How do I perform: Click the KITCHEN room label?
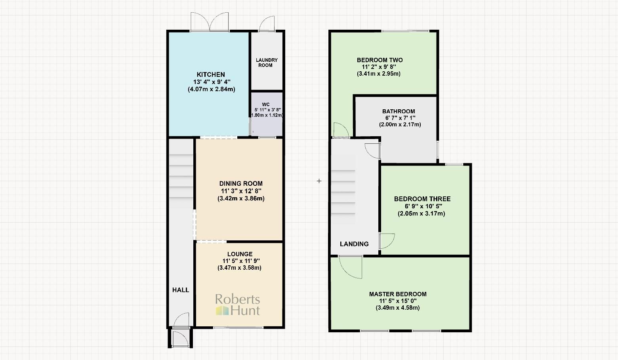pyautogui.click(x=211, y=74)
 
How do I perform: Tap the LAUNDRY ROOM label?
pyautogui.click(x=267, y=63)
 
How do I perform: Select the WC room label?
pyautogui.click(x=266, y=105)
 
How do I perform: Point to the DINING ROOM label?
pyautogui.click(x=241, y=183)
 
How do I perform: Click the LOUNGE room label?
pyautogui.click(x=240, y=254)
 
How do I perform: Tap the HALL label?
pyautogui.click(x=181, y=290)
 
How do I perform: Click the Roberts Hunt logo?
pyautogui.click(x=238, y=305)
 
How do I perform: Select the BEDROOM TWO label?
pyautogui.click(x=380, y=60)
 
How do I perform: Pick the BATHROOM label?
pyautogui.click(x=399, y=112)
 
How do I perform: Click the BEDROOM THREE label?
pyautogui.click(x=422, y=199)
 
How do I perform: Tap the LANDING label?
pyautogui.click(x=354, y=244)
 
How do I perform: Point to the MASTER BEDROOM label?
pyautogui.click(x=398, y=294)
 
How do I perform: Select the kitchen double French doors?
pyautogui.click(x=210, y=22)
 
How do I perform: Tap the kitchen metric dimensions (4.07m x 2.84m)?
pyautogui.click(x=211, y=89)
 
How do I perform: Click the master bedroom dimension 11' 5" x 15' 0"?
pyautogui.click(x=398, y=301)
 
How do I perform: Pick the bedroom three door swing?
pyautogui.click(x=387, y=241)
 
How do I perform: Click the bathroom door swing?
pyautogui.click(x=372, y=150)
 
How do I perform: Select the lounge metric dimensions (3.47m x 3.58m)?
pyautogui.click(x=239, y=268)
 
